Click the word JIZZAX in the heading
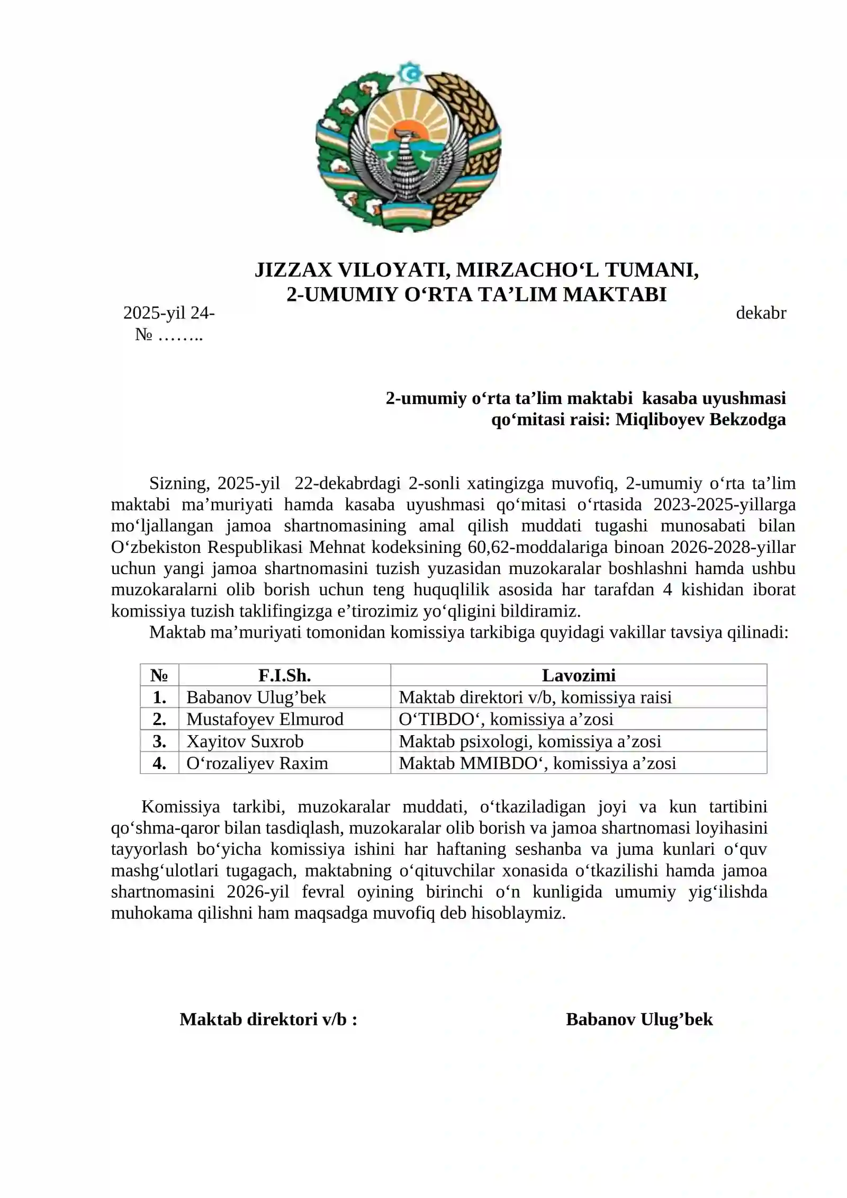(x=292, y=270)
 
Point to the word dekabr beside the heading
(x=761, y=313)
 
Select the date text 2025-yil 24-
(x=169, y=313)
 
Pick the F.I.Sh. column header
(x=284, y=675)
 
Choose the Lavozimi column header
(x=578, y=675)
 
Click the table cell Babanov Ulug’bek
(x=256, y=697)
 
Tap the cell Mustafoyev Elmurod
(x=265, y=719)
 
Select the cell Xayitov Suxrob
(x=245, y=741)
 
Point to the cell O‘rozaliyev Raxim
(x=257, y=763)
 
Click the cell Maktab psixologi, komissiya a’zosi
(x=529, y=741)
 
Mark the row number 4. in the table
(x=159, y=763)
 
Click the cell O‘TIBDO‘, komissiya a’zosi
(x=506, y=719)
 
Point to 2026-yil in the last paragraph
(x=258, y=892)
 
